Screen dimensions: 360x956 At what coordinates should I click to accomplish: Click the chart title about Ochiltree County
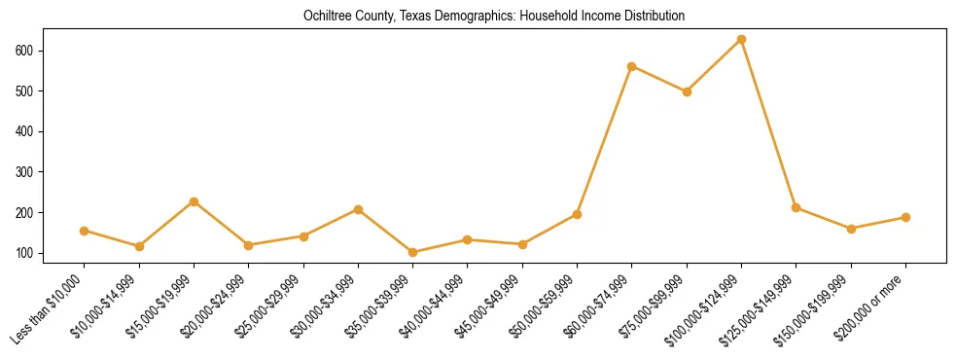point(478,16)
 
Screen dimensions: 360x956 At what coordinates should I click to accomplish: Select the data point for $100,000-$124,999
point(742,39)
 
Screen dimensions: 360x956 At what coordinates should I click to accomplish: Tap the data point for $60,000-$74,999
point(632,66)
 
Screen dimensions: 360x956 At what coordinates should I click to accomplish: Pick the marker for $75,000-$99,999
point(687,91)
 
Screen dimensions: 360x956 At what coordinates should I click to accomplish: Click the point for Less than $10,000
point(85,231)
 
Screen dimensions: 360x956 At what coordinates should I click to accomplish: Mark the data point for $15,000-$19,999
point(194,201)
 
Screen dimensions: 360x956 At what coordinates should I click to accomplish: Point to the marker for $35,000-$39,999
point(413,252)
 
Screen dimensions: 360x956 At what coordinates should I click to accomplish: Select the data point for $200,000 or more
point(905,217)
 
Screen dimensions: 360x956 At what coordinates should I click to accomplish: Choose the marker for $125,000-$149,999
point(797,207)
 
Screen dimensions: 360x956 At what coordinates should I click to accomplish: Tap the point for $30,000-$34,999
point(359,209)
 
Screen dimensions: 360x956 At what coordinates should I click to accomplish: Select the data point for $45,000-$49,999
point(522,244)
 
